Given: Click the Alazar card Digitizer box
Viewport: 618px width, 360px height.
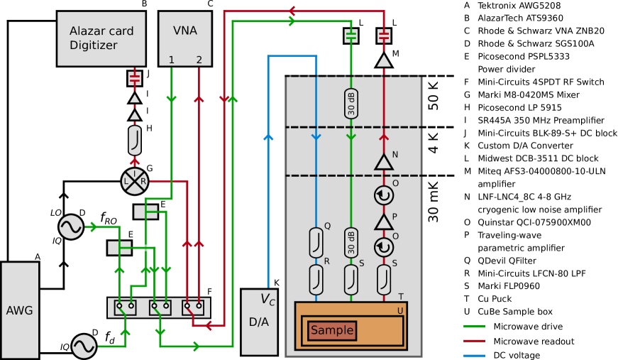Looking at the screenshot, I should click(101, 38).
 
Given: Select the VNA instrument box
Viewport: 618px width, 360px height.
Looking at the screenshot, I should click(185, 38).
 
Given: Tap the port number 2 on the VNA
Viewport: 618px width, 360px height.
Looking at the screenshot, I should click(199, 60).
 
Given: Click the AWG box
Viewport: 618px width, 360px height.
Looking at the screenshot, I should click(20, 310).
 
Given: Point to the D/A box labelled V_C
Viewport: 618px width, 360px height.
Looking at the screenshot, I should click(259, 322).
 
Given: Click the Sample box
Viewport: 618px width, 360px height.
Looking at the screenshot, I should click(332, 331).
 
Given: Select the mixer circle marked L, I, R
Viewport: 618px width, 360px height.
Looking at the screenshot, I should click(134, 181).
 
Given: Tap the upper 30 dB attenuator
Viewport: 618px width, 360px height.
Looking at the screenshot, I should click(351, 104).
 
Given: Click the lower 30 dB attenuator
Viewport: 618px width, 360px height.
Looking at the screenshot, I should click(351, 243).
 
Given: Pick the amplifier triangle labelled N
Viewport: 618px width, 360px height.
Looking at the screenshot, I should click(384, 163).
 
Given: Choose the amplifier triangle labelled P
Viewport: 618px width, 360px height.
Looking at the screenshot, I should click(384, 222).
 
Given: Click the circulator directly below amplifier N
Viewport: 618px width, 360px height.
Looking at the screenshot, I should click(384, 195).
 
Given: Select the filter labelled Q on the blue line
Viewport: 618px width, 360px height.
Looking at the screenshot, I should click(316, 243).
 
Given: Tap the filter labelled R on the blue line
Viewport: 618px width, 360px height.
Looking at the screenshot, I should click(316, 280).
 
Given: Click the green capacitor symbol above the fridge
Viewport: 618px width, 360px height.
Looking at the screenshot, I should click(351, 36).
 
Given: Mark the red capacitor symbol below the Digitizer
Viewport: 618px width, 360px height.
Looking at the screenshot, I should click(134, 78).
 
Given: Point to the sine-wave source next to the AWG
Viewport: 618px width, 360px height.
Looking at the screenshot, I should click(84, 347).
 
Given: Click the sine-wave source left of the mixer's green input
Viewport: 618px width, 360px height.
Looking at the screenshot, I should click(71, 227).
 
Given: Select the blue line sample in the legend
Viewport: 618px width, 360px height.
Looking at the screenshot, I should click(474, 355).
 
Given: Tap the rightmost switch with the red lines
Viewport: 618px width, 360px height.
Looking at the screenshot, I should click(192, 307).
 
